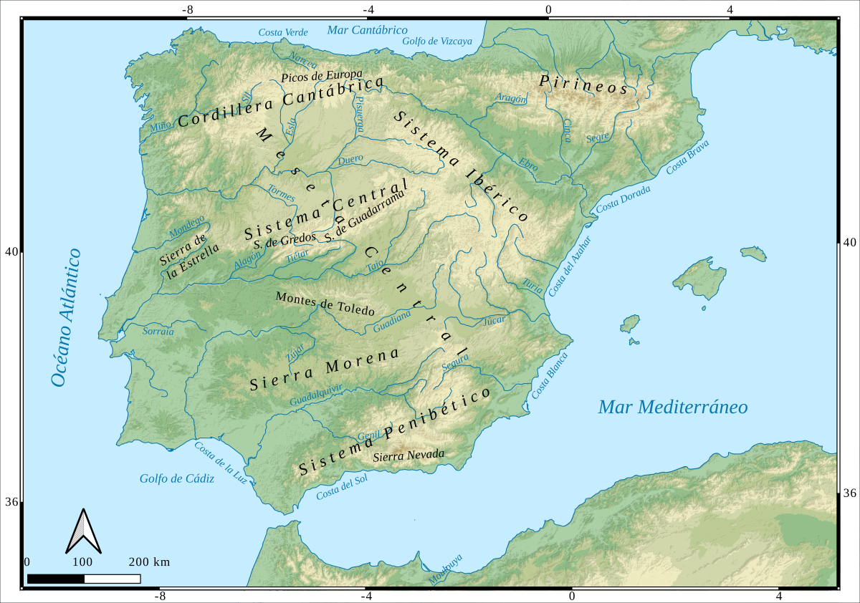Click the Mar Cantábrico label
click(x=367, y=30)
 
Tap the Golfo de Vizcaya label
click(x=437, y=41)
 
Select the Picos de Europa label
click(x=322, y=75)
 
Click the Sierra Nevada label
click(x=409, y=455)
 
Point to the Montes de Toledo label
click(x=325, y=304)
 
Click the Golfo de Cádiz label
click(x=176, y=478)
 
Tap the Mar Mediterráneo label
click(x=673, y=407)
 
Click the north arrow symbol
click(x=83, y=531)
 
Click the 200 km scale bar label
click(x=149, y=561)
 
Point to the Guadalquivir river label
click(x=316, y=395)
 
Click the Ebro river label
click(x=528, y=164)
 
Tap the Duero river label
click(x=350, y=160)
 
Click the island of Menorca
click(x=753, y=254)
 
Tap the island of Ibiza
click(x=629, y=324)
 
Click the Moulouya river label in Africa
click(x=445, y=570)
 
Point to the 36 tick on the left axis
click(x=12, y=502)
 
